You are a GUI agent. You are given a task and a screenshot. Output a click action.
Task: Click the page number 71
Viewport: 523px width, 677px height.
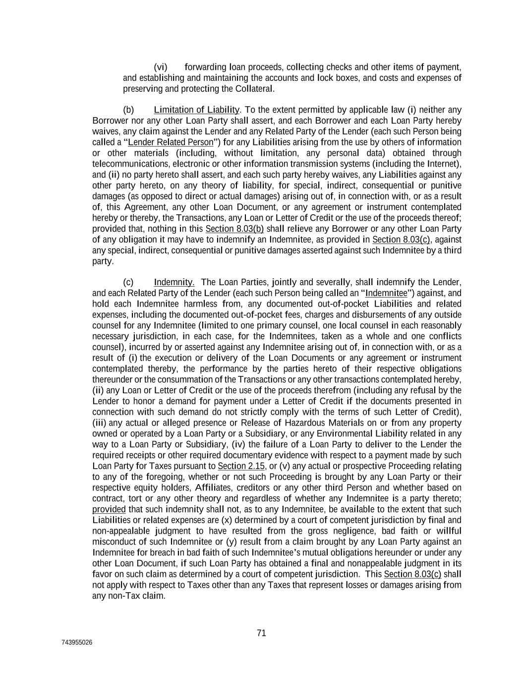point(262,633)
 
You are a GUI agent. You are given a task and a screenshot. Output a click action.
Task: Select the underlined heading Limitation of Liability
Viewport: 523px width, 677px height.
point(196,110)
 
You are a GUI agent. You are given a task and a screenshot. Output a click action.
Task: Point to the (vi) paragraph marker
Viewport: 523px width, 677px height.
point(160,67)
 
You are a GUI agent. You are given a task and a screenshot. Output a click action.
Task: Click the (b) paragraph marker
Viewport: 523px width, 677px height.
point(128,110)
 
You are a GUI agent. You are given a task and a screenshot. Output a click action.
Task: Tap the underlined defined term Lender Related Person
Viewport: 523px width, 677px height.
point(171,142)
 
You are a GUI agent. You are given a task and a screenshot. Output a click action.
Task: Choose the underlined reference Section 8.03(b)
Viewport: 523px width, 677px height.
point(234,229)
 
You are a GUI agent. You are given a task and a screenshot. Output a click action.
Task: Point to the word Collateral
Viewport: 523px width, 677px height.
point(254,89)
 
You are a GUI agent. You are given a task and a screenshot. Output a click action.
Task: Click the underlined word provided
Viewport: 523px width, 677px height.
point(109,509)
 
